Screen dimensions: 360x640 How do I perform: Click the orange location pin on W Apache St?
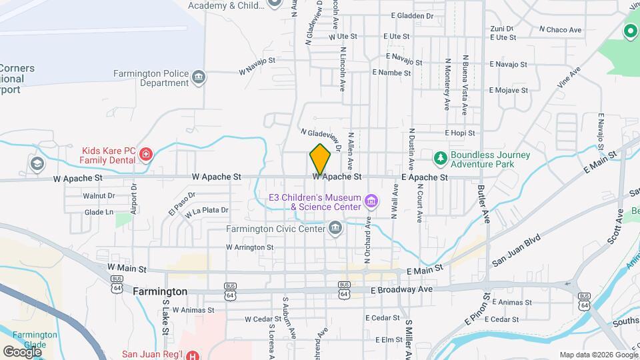(320, 159)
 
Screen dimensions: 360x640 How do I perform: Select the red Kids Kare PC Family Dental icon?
(146, 156)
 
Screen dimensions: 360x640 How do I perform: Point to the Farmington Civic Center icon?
(335, 229)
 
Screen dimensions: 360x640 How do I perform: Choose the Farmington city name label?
(160, 291)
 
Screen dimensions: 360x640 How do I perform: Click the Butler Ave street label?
(484, 204)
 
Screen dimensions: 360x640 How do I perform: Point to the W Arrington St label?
(250, 247)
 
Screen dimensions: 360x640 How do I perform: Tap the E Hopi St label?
(459, 133)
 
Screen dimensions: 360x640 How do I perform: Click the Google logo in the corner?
(23, 351)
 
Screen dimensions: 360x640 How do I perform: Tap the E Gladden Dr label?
(413, 15)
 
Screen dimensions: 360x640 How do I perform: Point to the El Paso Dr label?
(181, 203)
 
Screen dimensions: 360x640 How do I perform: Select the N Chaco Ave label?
(560, 29)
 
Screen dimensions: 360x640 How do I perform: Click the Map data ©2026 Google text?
(598, 355)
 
